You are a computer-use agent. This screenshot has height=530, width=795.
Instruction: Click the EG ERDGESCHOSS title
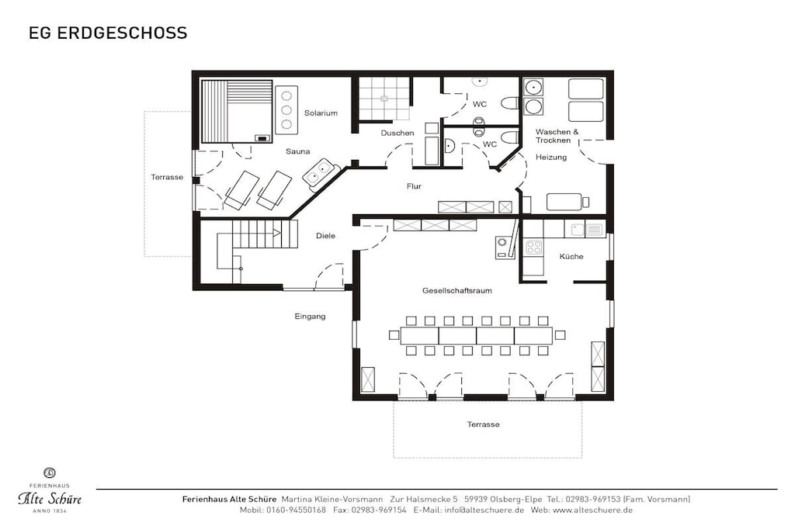pyautogui.click(x=108, y=33)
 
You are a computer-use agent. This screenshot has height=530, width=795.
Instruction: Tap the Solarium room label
pyautogui.click(x=321, y=113)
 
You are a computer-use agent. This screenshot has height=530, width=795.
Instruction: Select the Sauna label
pyautogui.click(x=297, y=151)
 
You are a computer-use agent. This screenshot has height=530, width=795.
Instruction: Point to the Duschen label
pyautogui.click(x=397, y=133)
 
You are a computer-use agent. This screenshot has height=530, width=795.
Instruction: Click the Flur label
pyautogui.click(x=414, y=186)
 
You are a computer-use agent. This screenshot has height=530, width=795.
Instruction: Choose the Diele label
pyautogui.click(x=325, y=236)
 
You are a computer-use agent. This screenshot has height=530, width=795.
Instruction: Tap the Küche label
pyautogui.click(x=571, y=256)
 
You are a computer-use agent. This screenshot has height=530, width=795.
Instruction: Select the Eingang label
pyautogui.click(x=310, y=316)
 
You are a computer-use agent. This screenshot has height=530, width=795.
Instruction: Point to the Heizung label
pyautogui.click(x=551, y=157)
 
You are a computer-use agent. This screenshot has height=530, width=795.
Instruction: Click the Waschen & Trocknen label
pyautogui.click(x=557, y=136)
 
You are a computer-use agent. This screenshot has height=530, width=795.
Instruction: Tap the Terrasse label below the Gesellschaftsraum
pyautogui.click(x=483, y=424)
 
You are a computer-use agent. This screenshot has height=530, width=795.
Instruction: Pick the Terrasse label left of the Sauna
pyautogui.click(x=167, y=177)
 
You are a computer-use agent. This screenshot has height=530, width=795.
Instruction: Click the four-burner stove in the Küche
pyautogui.click(x=533, y=248)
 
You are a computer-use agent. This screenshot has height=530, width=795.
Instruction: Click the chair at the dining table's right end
pyautogui.click(x=560, y=335)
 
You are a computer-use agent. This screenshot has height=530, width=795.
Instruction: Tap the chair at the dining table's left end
pyautogui.click(x=394, y=335)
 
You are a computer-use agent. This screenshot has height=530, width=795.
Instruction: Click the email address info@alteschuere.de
pyautogui.click(x=484, y=510)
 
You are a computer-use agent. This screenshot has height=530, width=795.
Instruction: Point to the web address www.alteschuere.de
pyautogui.click(x=592, y=510)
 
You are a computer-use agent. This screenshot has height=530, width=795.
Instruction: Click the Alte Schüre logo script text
pyautogui.click(x=50, y=499)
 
